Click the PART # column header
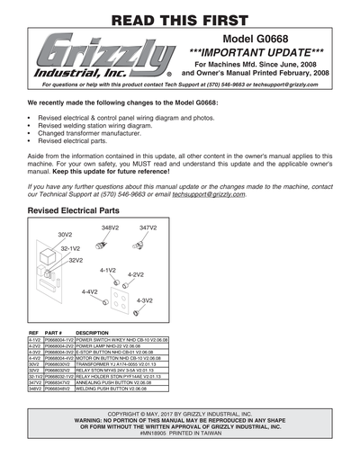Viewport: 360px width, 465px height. pos(54,333)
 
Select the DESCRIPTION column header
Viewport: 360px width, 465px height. pos(93,333)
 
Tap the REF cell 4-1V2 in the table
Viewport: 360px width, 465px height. pos(35,340)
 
